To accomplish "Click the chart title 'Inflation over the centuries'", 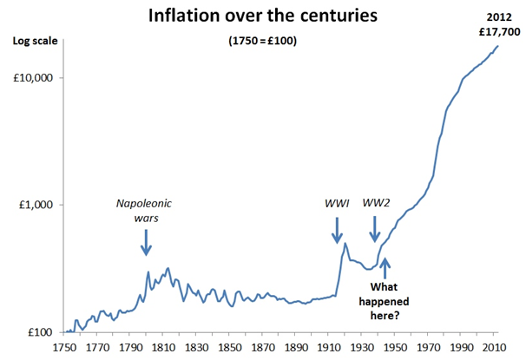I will (x=261, y=16).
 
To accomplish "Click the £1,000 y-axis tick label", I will (x=34, y=206).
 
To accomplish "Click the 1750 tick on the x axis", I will (x=64, y=347).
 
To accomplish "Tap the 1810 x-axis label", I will (x=163, y=347).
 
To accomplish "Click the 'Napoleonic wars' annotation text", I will (x=146, y=212).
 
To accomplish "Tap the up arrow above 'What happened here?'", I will (x=385, y=268).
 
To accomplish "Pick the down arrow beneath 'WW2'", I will (x=375, y=229).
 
